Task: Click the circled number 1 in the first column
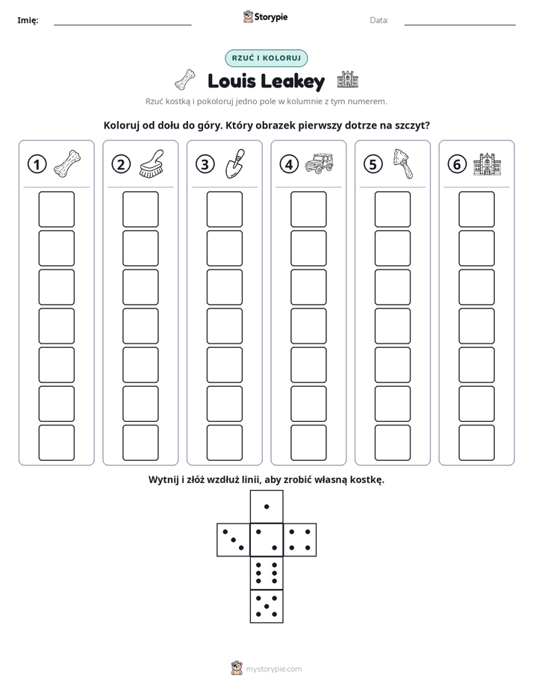37,164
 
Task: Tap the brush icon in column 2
152,164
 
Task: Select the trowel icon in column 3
235,164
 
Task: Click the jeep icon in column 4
320,164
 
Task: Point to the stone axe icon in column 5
403,164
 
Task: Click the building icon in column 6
487,164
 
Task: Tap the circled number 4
289,164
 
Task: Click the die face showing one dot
266,506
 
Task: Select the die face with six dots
266,573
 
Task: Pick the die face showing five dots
266,606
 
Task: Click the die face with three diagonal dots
234,540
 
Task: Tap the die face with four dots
300,540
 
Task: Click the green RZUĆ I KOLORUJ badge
266,58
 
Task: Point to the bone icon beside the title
184,80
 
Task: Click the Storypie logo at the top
265,16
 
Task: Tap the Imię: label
28,20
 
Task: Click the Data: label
379,20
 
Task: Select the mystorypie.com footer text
273,669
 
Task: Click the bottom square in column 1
56,443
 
